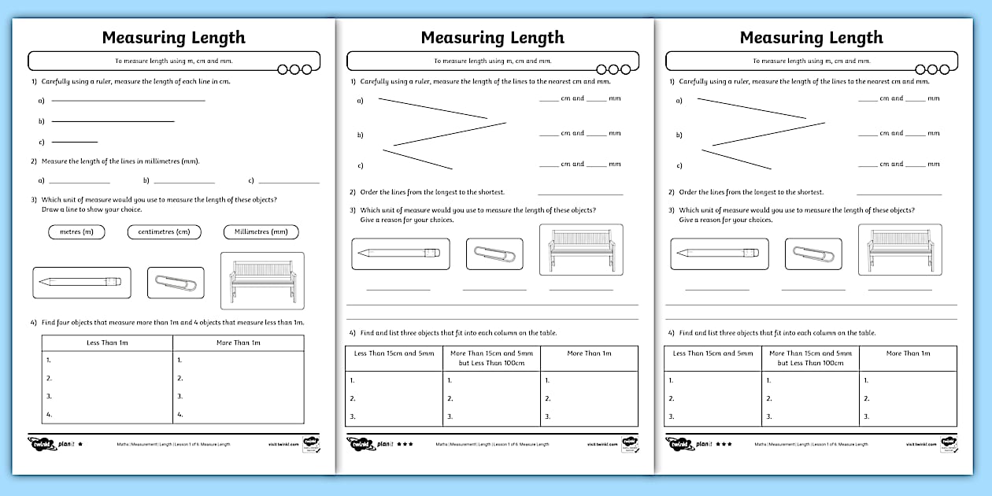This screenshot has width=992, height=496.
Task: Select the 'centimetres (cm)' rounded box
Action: [164, 231]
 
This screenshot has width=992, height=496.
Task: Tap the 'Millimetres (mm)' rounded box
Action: [261, 231]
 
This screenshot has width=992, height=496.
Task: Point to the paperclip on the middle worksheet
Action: [494, 254]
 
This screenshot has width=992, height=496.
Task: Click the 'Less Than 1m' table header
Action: [106, 342]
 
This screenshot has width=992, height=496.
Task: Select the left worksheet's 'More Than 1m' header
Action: [238, 342]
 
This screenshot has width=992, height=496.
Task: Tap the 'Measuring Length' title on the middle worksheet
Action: [492, 38]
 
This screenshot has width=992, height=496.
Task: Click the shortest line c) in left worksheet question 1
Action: [74, 142]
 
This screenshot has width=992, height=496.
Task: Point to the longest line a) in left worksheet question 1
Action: [128, 100]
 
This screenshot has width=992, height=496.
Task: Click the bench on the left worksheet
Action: [262, 281]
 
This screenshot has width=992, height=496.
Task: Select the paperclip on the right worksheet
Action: [813, 254]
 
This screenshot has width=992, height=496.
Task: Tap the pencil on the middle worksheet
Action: [400, 254]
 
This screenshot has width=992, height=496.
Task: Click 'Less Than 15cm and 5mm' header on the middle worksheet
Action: [394, 353]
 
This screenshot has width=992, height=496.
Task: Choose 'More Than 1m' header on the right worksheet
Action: [908, 353]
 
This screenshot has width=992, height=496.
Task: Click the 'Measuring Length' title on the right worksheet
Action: [811, 38]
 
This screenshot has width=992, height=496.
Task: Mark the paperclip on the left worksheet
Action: [176, 283]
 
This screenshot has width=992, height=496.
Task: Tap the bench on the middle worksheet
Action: [581, 250]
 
